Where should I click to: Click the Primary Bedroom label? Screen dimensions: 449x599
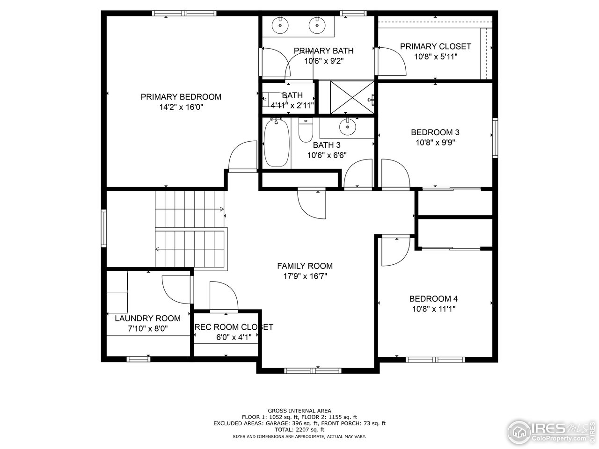click(x=181, y=97)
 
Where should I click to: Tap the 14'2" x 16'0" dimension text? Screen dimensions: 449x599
click(x=181, y=107)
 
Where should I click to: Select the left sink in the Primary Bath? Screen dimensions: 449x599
click(x=280, y=26)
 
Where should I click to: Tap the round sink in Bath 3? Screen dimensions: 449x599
click(x=347, y=125)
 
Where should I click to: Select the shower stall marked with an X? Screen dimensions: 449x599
click(x=352, y=97)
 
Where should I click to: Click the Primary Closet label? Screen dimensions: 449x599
click(x=435, y=46)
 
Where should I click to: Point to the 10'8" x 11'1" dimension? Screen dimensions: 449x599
click(x=433, y=309)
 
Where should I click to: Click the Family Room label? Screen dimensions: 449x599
click(x=305, y=266)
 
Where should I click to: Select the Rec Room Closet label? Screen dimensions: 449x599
click(x=234, y=327)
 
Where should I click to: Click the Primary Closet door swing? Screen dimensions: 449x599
click(x=392, y=61)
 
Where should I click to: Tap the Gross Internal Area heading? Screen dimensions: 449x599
click(x=299, y=411)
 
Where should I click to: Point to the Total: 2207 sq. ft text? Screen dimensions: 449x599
click(x=299, y=429)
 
